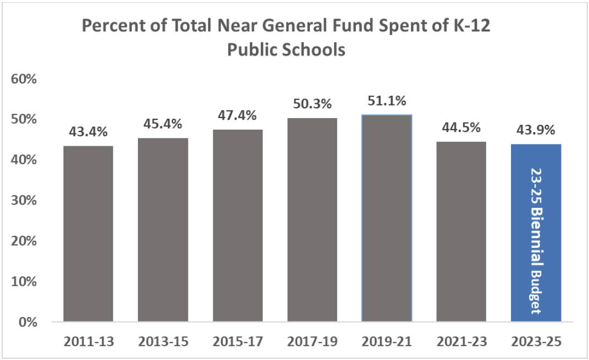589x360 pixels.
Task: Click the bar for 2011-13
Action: point(88,234)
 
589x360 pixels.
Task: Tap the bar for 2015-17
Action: point(237,225)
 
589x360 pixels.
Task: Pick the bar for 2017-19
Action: point(312,220)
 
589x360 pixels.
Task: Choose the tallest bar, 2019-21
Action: point(387,218)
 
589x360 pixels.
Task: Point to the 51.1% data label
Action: point(387,101)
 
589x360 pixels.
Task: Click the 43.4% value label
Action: point(88,132)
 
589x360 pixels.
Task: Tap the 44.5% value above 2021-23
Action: point(462,128)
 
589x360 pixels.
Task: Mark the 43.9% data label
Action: point(536,130)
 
